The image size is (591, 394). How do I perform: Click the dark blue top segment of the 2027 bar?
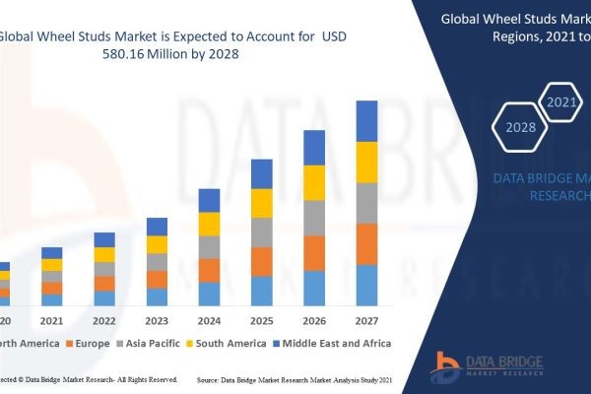click(x=366, y=120)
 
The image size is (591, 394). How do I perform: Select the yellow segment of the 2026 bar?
click(x=314, y=182)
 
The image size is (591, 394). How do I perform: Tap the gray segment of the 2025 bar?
click(x=262, y=232)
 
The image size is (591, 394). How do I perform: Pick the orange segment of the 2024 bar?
click(x=209, y=271)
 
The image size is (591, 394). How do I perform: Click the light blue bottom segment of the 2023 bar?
click(x=157, y=296)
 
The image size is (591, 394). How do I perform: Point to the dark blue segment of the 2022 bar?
click(x=104, y=239)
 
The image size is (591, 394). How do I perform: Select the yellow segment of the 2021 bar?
click(x=51, y=265)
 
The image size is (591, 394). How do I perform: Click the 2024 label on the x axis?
click(x=209, y=321)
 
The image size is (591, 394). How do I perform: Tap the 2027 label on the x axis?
click(x=366, y=321)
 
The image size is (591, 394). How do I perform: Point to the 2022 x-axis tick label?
click(x=104, y=321)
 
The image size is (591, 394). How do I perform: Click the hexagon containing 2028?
click(x=520, y=127)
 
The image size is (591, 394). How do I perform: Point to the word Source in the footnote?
click(x=211, y=378)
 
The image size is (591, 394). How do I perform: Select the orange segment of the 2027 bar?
click(x=366, y=244)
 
